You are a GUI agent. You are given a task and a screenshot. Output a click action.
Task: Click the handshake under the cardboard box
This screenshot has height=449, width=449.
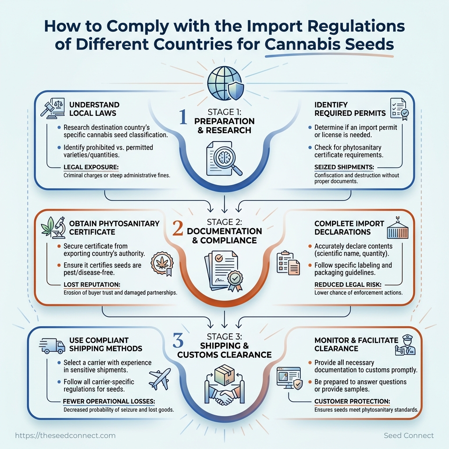(x=224, y=397)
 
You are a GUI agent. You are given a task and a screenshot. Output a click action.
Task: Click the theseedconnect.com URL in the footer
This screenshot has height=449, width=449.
(x=65, y=435)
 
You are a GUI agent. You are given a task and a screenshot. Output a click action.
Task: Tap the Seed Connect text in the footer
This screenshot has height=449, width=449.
(x=408, y=435)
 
